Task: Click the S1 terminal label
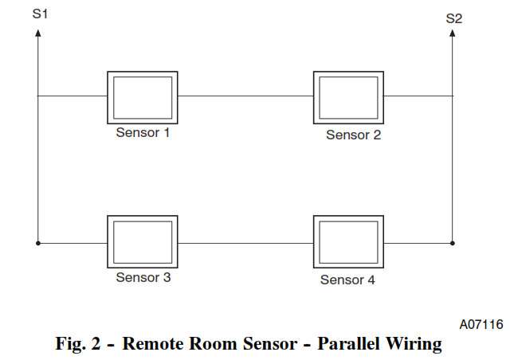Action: (x=40, y=14)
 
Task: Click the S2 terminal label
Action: (x=454, y=18)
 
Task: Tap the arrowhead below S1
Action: (x=38, y=33)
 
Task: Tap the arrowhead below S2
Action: (x=453, y=33)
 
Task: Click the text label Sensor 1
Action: (x=143, y=133)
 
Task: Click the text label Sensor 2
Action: (x=353, y=135)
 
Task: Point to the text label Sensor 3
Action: (x=143, y=277)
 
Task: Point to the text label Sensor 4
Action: (x=347, y=280)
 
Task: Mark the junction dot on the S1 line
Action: (x=38, y=243)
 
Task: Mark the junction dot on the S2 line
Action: (x=453, y=243)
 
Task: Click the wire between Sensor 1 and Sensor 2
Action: (x=245, y=96)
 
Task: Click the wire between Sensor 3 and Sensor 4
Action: (x=245, y=244)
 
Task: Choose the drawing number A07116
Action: (x=481, y=324)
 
